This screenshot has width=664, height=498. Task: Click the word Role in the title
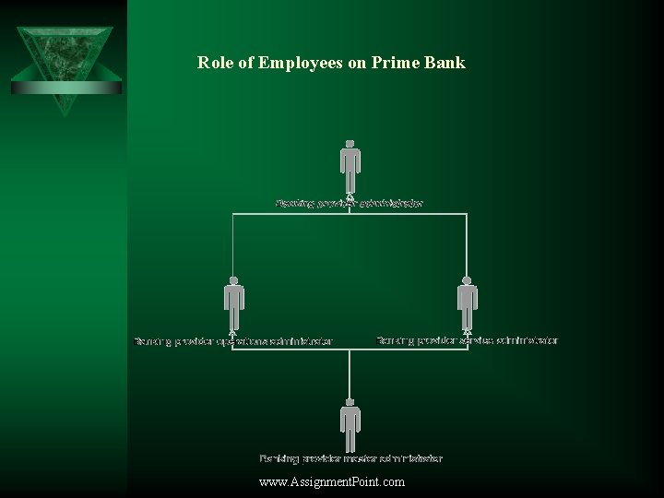point(213,63)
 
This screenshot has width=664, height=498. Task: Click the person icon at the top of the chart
point(350,166)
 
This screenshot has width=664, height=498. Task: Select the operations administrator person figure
point(233,304)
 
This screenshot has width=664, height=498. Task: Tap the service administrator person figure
point(467,303)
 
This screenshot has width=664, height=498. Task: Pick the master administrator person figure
point(350,424)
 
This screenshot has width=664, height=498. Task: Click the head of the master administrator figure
point(350,403)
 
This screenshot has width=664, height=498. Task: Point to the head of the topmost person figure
point(350,145)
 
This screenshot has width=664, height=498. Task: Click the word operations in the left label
point(242,341)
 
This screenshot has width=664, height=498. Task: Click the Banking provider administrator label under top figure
point(350,203)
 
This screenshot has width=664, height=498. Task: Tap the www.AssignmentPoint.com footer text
point(332,481)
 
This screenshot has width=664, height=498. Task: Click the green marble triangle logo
point(65,65)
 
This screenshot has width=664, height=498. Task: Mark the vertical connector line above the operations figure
point(232,244)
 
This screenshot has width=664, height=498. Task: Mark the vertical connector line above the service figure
point(467,244)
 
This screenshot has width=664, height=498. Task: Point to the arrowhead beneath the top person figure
point(350,196)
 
